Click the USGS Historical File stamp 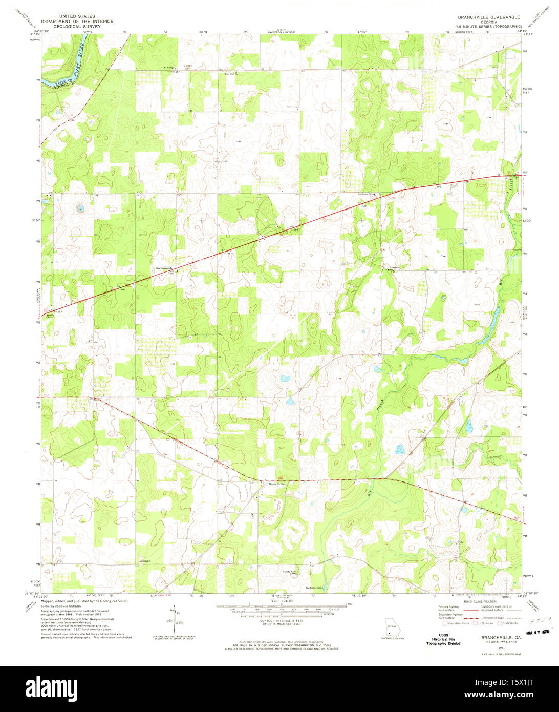(x=443, y=640)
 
